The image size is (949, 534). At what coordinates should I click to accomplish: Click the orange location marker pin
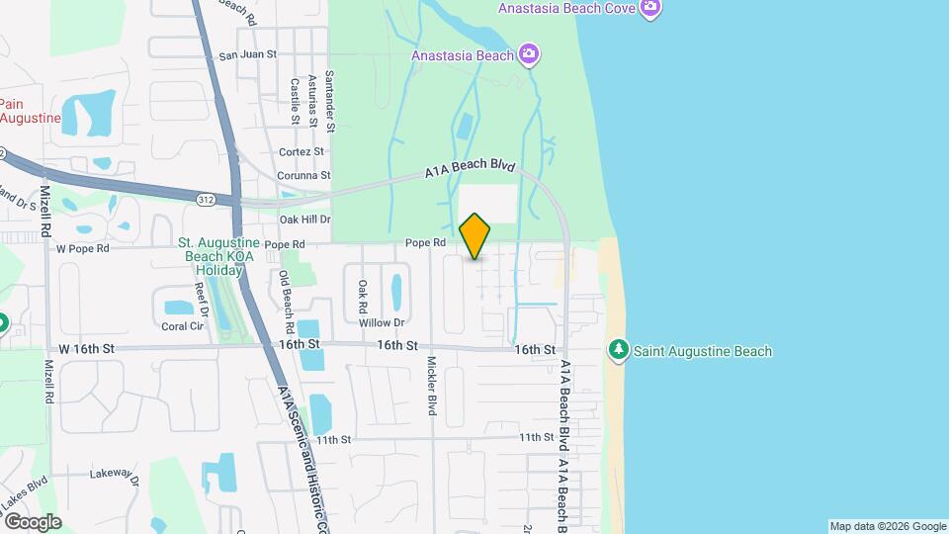point(475,236)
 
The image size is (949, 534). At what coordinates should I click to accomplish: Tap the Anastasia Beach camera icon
point(529,54)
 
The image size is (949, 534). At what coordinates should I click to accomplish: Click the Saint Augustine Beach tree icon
point(619,350)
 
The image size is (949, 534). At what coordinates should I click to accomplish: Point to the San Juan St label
point(247,55)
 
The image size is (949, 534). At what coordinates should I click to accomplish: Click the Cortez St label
point(302,151)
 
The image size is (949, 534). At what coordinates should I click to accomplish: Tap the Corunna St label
point(303,175)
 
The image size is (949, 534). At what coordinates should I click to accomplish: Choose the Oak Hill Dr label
point(304,219)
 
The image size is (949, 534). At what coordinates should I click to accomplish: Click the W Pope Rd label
point(81,248)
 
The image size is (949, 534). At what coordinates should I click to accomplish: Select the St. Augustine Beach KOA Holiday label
point(218,255)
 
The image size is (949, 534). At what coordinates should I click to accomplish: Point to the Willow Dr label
point(382,322)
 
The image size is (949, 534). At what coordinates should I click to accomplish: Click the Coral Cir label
point(182,325)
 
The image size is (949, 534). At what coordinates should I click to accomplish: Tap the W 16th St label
point(87,349)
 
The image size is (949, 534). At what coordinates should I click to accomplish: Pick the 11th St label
point(536,436)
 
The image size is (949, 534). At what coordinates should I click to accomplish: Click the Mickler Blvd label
point(432,386)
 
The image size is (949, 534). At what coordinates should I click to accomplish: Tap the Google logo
point(32,521)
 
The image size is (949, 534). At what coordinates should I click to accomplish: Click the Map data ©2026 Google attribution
point(887,526)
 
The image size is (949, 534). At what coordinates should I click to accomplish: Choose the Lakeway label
point(111,474)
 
